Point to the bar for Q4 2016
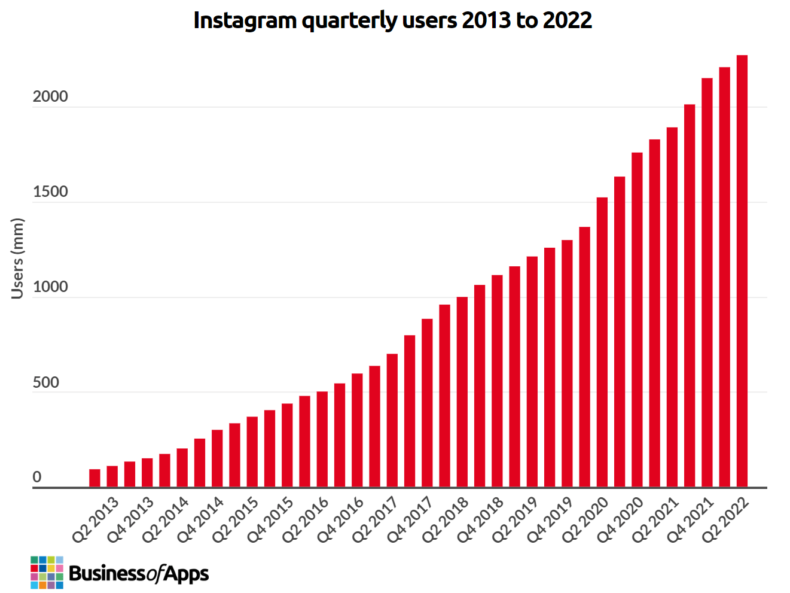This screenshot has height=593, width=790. tap(357, 430)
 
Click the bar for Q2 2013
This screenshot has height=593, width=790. tap(94, 478)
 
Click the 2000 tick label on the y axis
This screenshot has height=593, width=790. tap(50, 97)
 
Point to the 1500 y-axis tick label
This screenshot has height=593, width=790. tap(50, 192)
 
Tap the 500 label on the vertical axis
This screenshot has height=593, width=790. tap(46, 383)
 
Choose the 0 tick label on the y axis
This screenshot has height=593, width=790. tap(37, 478)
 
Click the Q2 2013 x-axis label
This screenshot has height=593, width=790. tap(96, 519)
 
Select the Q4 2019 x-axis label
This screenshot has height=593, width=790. tap(551, 519)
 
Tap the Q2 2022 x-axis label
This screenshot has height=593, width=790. tap(726, 519)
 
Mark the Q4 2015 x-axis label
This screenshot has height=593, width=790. tap(271, 519)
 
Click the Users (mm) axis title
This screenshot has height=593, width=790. tap(17, 258)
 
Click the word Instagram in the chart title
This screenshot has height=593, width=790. tap(245, 20)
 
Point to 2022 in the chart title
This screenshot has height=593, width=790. tap(567, 20)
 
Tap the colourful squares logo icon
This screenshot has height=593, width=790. tap(47, 572)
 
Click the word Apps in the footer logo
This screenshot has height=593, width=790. tap(186, 574)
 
